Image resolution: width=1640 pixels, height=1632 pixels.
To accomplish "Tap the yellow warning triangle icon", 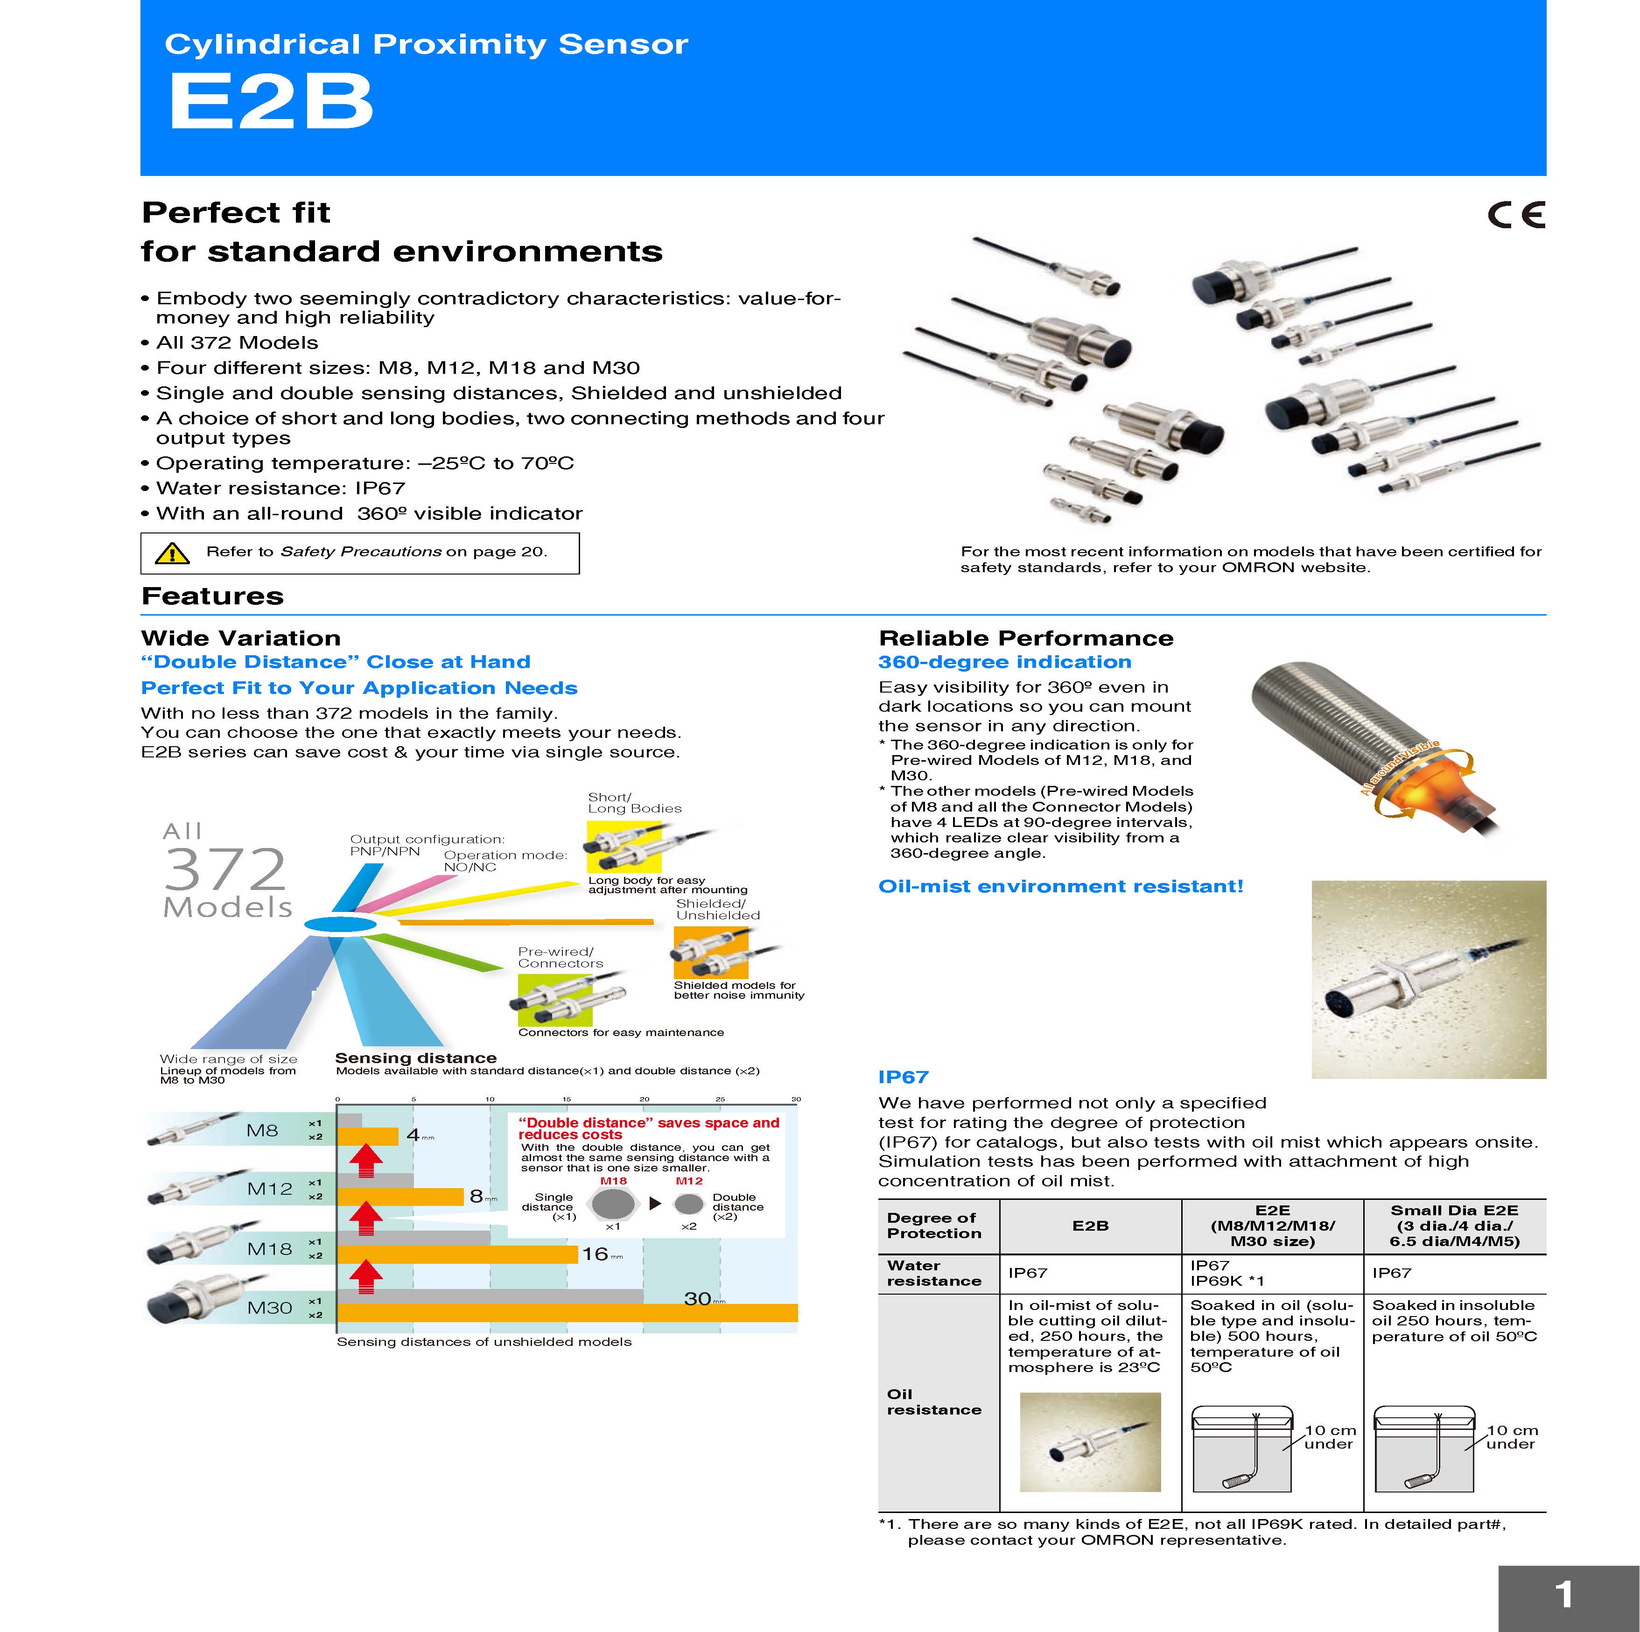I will [172, 553].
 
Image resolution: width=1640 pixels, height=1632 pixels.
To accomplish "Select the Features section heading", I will [212, 596].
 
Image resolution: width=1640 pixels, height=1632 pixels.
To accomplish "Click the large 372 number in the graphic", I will [225, 869].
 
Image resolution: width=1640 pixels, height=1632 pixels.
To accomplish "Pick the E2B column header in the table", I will [1090, 1226].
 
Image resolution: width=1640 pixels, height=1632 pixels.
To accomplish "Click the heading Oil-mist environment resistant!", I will [1060, 887].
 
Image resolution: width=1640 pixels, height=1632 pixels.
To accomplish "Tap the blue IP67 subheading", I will [903, 1077].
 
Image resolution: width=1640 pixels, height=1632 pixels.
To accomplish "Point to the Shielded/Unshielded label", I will [717, 909].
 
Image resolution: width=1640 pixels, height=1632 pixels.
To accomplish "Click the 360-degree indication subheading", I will [1004, 662].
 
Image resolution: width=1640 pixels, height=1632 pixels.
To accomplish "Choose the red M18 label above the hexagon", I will [613, 1181].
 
